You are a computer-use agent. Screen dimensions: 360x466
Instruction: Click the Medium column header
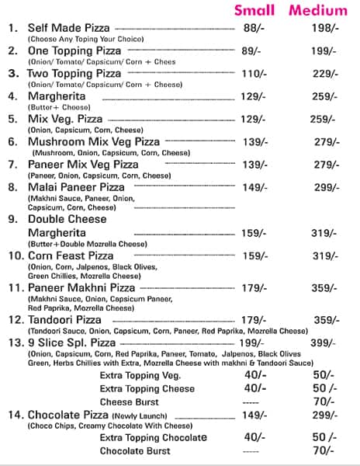pyautogui.click(x=318, y=11)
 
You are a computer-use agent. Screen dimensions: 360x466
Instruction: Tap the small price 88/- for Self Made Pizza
pyautogui.click(x=252, y=28)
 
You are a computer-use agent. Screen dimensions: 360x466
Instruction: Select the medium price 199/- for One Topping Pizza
pyautogui.click(x=322, y=50)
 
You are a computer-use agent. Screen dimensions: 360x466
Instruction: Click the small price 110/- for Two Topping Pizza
pyautogui.click(x=254, y=73)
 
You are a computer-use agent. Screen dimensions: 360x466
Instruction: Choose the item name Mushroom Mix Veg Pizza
pyautogui.click(x=93, y=141)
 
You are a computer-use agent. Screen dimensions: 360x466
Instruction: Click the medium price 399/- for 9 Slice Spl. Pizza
pyautogui.click(x=322, y=343)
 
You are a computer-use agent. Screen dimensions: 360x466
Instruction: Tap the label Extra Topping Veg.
pyautogui.click(x=140, y=375)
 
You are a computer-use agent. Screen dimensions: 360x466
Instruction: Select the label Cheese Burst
pyautogui.click(x=129, y=402)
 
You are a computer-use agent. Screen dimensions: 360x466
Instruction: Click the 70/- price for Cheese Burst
pyautogui.click(x=322, y=402)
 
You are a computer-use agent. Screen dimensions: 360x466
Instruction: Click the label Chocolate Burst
pyautogui.click(x=134, y=450)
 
